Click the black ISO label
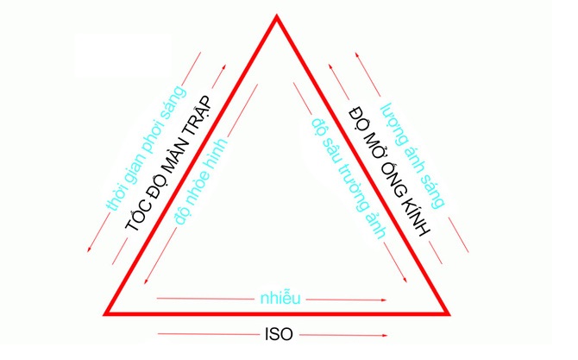[279, 334]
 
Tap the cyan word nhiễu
[280, 298]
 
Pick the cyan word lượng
[394, 122]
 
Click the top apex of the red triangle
[276, 16]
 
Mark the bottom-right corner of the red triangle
[448, 314]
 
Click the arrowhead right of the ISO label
[385, 335]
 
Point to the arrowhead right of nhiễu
[384, 300]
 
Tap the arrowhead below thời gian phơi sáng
[89, 249]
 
